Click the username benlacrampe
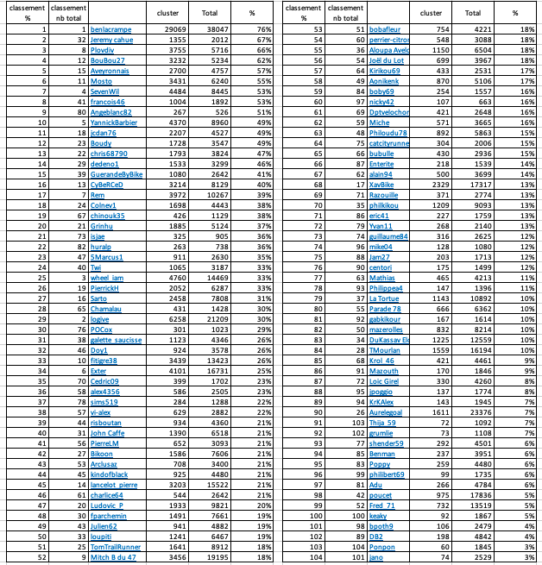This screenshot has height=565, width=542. point(111,29)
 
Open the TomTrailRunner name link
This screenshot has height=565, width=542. point(117,547)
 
